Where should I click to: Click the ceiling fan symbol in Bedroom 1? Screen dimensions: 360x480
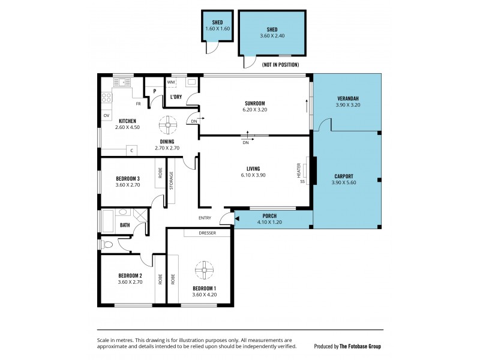coord(205,271)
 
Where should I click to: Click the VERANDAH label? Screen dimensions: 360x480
coord(348,98)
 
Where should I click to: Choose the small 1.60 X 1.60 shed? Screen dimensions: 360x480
coord(217,28)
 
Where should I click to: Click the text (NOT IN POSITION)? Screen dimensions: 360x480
coord(280,65)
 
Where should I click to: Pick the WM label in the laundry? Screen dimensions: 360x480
coord(171,82)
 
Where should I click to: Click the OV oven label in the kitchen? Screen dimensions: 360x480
coord(106,115)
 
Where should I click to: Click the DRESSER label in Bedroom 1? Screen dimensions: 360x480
coord(208,233)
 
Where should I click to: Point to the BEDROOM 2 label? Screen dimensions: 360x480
coord(129,275)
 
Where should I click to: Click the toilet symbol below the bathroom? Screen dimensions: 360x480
coord(107,244)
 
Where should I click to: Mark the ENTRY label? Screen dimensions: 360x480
coord(205,218)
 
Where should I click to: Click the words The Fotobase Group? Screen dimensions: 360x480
coord(360,346)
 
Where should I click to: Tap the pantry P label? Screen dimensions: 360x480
coord(154,91)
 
